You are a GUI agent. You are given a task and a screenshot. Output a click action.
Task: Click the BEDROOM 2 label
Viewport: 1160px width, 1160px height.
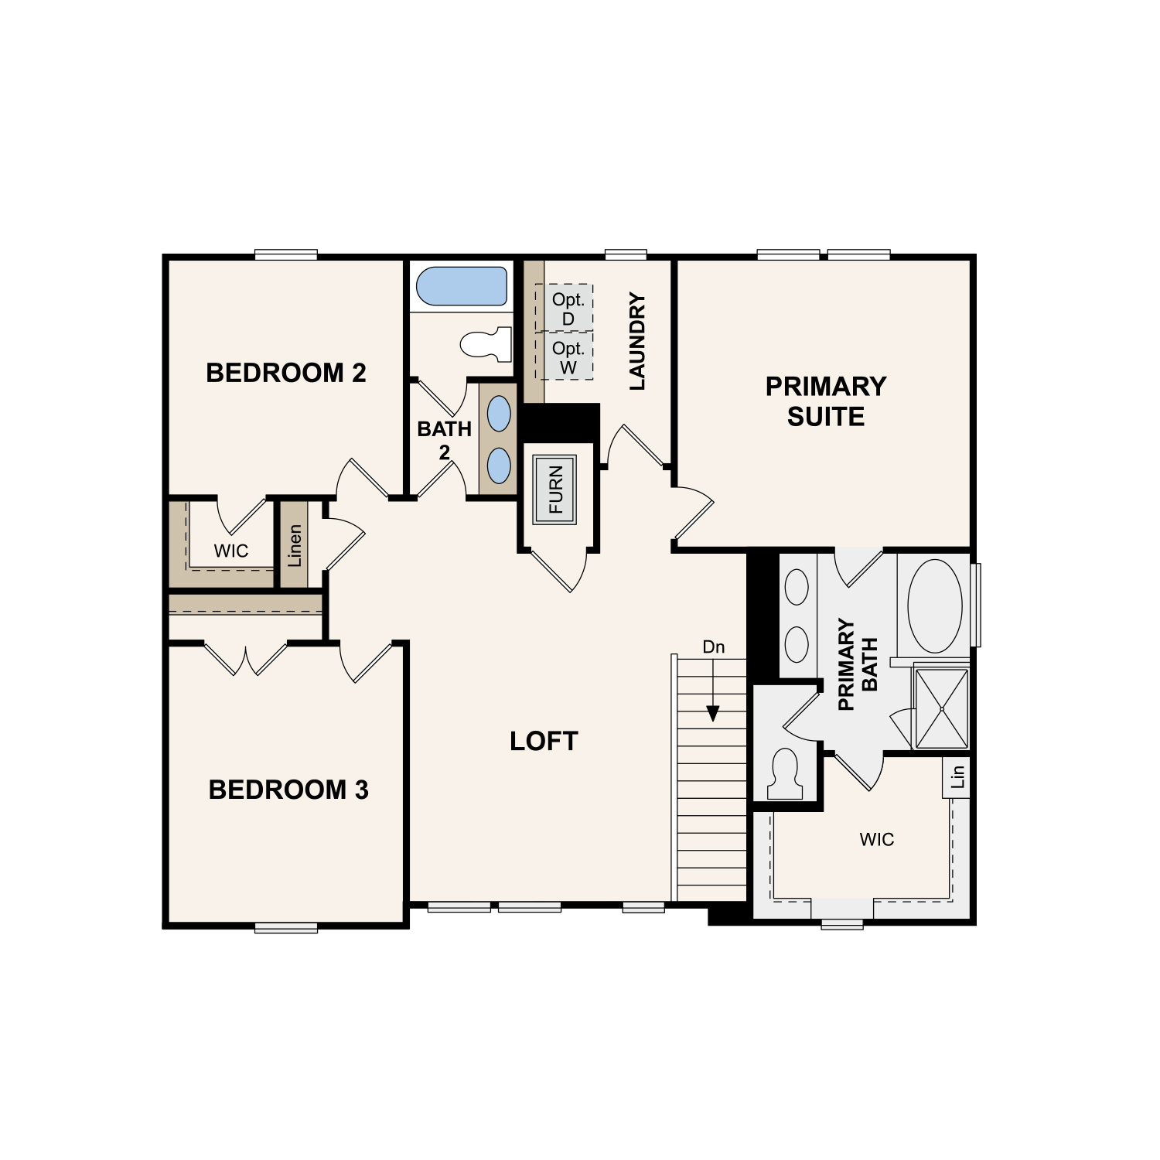[286, 373]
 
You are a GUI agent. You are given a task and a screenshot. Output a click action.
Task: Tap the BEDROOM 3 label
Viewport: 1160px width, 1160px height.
[288, 790]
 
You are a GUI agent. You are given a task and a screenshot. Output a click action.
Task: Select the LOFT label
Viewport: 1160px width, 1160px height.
[544, 741]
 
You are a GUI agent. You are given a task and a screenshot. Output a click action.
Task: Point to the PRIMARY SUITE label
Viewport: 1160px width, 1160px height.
[826, 401]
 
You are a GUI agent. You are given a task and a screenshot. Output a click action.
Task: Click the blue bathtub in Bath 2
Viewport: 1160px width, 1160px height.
[462, 286]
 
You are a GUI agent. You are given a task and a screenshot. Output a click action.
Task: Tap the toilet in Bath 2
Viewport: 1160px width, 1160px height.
[486, 344]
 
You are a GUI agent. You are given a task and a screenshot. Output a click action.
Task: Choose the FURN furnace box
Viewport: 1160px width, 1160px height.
[554, 490]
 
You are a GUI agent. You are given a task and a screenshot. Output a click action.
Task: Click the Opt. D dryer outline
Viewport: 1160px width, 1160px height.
[565, 308]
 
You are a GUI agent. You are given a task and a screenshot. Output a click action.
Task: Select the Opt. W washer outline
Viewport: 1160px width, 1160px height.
[565, 357]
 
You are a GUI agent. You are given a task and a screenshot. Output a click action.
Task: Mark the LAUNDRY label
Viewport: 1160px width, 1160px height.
[636, 341]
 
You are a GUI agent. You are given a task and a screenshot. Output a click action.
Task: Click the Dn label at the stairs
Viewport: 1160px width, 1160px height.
[714, 647]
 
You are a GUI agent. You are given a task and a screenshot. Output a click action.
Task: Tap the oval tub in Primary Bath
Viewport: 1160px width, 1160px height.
[935, 606]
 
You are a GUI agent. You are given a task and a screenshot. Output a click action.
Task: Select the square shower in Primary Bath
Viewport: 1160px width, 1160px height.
[941, 708]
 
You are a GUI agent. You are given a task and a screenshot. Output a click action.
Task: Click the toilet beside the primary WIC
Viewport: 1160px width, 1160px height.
[785, 774]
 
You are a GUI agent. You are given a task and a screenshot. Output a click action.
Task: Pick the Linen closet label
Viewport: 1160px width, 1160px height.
[295, 545]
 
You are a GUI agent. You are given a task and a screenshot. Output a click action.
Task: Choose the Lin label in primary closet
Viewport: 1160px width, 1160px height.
[957, 776]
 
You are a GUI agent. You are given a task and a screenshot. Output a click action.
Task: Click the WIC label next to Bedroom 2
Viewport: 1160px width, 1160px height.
[231, 551]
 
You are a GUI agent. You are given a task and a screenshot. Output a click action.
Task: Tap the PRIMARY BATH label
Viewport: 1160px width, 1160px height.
[858, 664]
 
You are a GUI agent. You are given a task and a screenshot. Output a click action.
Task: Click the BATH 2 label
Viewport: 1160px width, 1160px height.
[445, 440]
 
